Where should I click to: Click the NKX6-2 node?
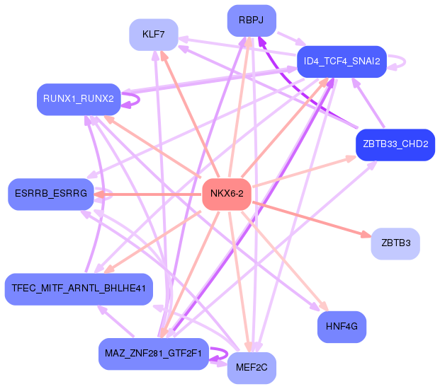tap(227, 194)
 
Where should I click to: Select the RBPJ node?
tap(252, 21)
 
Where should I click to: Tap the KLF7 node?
tap(154, 35)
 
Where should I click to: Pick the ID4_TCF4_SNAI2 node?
tap(342, 62)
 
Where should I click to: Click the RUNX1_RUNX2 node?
tap(79, 99)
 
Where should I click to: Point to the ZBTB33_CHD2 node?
tap(395, 145)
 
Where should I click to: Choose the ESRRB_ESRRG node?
tap(51, 194)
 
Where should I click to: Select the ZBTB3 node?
tap(395, 243)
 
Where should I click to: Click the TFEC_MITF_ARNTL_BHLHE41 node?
tap(79, 289)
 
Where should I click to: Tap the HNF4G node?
tap(342, 327)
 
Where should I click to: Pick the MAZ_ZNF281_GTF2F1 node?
tap(154, 354)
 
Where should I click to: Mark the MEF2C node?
tap(252, 368)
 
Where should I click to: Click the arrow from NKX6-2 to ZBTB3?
tap(312, 219)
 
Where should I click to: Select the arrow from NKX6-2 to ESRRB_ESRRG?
tap(148, 194)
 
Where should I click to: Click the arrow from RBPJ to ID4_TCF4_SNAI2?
tap(291, 39)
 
